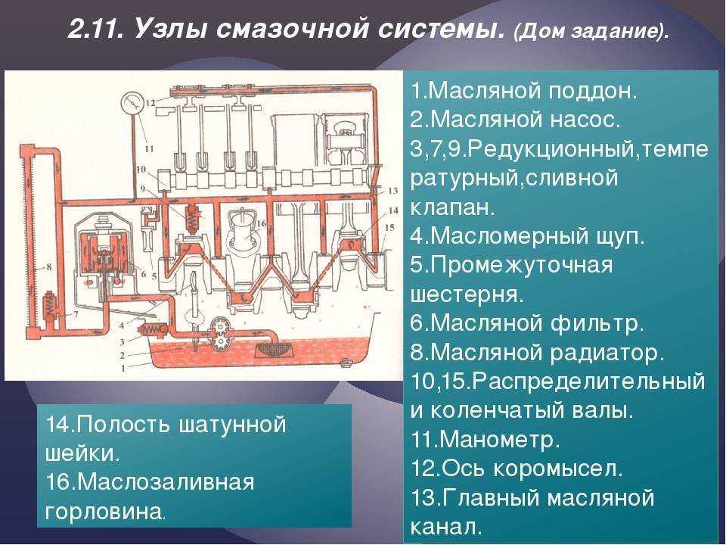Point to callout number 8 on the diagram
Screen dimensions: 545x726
point(48,266)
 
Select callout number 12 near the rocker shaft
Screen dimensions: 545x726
point(150,101)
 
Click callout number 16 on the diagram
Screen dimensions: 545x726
point(260,224)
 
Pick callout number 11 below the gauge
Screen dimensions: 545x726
point(149,148)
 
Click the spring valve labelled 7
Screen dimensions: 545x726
point(50,305)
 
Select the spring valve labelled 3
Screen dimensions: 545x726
point(154,329)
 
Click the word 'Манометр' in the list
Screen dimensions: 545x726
point(500,440)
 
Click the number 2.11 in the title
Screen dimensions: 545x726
point(97,30)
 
